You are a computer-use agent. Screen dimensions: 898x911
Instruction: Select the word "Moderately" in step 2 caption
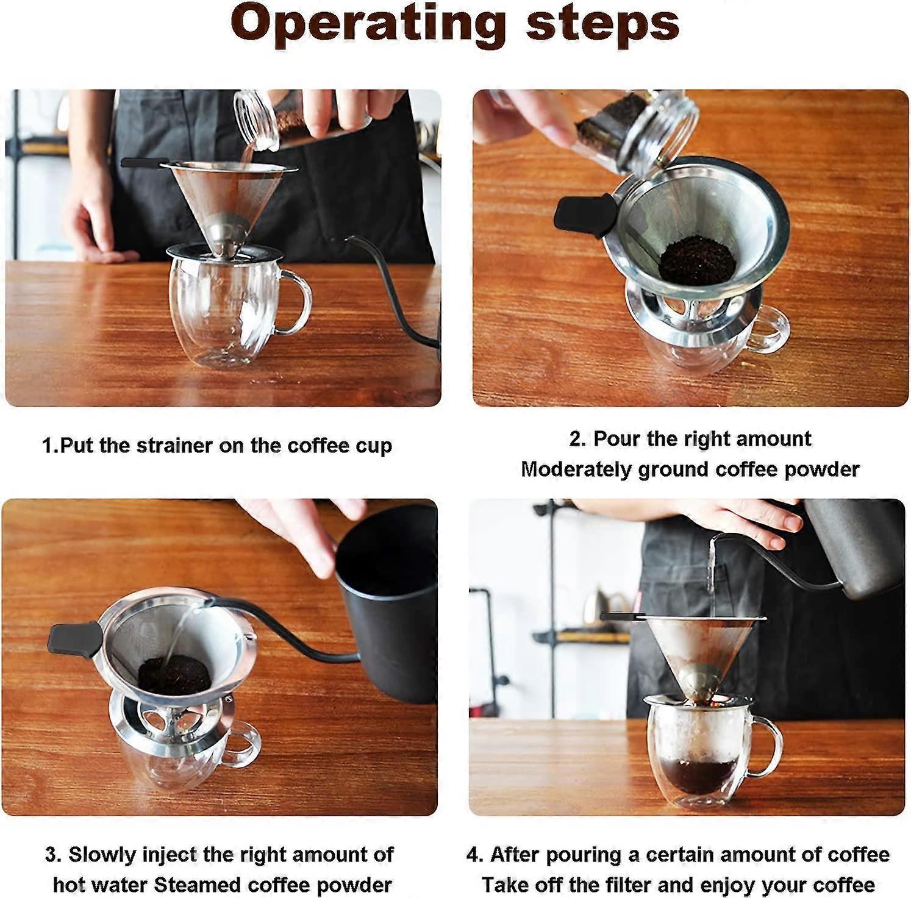(576, 469)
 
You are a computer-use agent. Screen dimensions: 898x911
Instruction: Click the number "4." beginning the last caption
(475, 855)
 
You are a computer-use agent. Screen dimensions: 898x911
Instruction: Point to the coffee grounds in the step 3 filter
(174, 674)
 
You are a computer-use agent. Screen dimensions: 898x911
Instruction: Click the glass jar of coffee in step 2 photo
(640, 130)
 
